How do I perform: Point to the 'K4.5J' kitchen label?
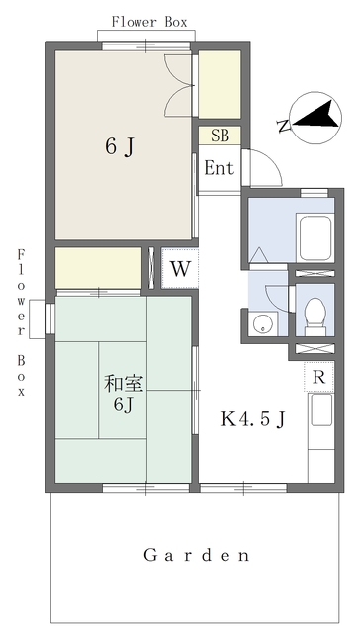(252, 419)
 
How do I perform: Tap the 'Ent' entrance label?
(219, 168)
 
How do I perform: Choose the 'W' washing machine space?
(179, 268)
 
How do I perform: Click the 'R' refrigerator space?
(318, 377)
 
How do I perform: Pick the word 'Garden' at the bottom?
(197, 555)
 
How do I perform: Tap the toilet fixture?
(315, 314)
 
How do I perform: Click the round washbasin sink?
(262, 322)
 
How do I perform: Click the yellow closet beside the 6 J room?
(221, 85)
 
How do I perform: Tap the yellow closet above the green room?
(98, 268)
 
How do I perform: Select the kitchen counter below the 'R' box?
(322, 435)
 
